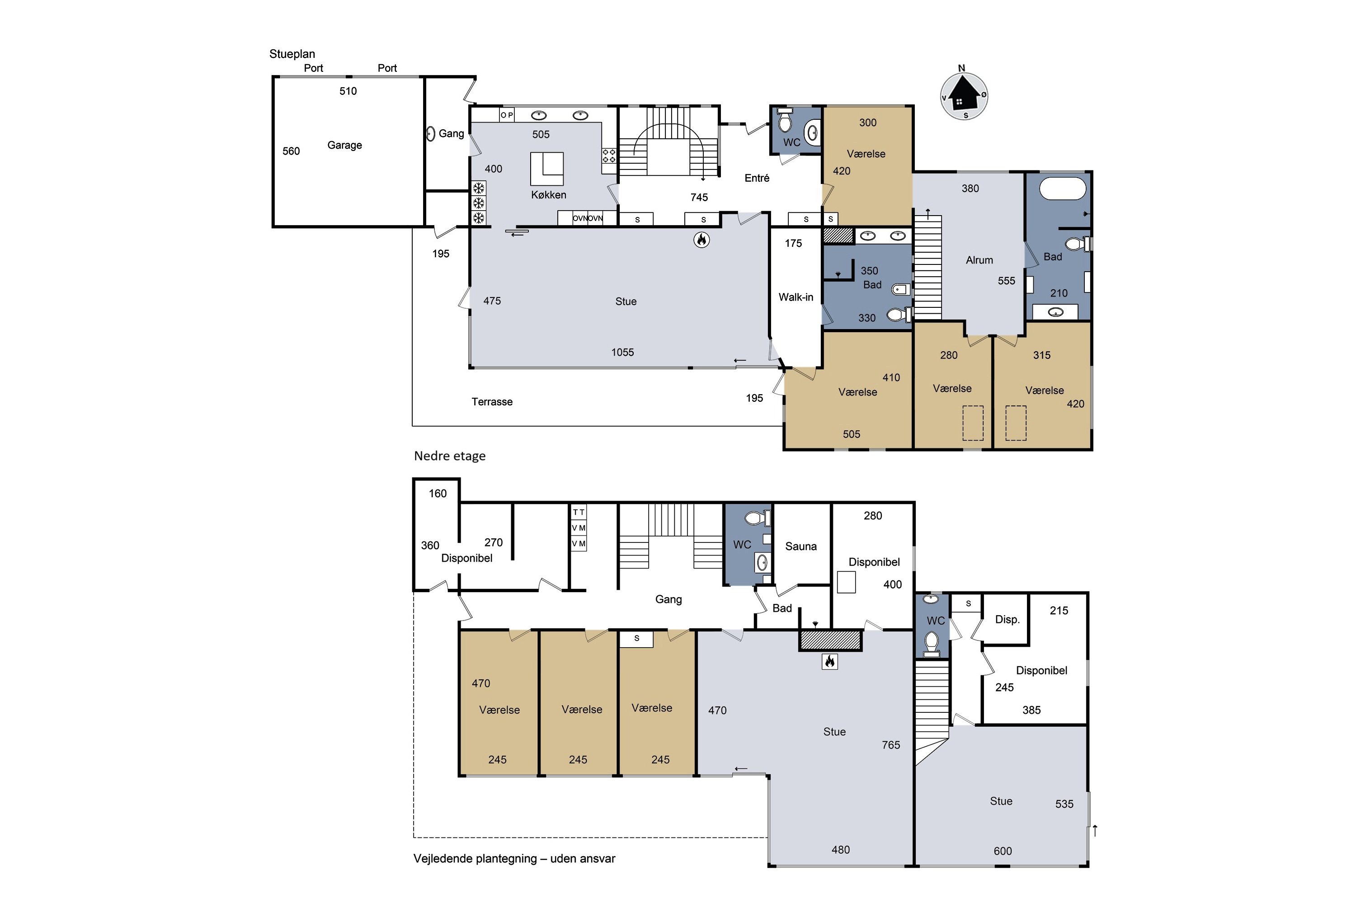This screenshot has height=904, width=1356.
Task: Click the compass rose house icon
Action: coord(965,94)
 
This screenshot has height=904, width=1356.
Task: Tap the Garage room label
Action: coord(345,145)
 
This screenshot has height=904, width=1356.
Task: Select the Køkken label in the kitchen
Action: coord(548,195)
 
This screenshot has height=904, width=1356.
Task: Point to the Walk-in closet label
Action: coord(796,297)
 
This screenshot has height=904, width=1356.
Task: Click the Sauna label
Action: coord(801,546)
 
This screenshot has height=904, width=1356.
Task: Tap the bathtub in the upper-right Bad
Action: coord(1063,188)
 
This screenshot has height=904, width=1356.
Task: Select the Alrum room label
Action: coord(979,260)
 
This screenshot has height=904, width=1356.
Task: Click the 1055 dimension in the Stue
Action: coord(623,352)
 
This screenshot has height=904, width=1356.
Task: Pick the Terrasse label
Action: coord(492,402)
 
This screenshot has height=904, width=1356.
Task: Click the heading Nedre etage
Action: coord(450,456)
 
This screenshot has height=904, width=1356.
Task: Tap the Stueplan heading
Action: coord(292,54)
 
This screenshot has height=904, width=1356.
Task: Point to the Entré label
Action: coord(757,178)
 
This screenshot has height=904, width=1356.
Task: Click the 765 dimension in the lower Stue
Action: coord(891,745)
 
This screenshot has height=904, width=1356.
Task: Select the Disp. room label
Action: coord(1007,620)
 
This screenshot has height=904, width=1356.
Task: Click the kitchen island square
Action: coord(547,169)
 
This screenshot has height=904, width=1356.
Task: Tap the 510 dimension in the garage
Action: coord(348,91)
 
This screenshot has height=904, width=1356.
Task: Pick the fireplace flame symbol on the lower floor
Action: coord(829,661)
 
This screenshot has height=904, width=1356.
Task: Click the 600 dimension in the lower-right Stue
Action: coord(1003,851)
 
